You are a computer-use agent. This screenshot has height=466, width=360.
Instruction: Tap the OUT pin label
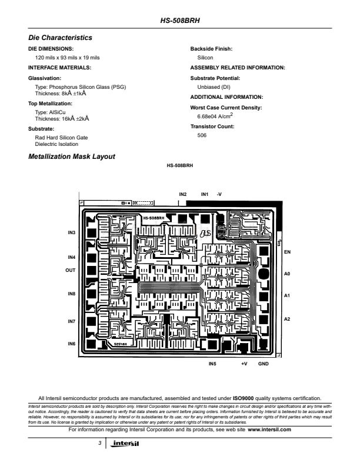(70, 270)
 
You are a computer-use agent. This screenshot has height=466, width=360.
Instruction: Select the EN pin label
(288, 252)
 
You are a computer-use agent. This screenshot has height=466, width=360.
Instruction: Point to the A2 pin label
(288, 319)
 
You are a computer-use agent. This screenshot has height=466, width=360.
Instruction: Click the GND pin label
(264, 364)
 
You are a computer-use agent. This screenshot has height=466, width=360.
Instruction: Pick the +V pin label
(244, 364)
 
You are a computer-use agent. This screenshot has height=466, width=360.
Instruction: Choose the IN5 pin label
(212, 364)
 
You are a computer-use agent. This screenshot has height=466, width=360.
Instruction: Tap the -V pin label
(219, 194)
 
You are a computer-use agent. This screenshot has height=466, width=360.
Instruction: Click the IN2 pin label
(183, 194)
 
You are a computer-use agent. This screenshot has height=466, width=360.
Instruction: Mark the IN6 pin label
(71, 343)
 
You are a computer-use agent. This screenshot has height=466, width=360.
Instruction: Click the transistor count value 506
(202, 135)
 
